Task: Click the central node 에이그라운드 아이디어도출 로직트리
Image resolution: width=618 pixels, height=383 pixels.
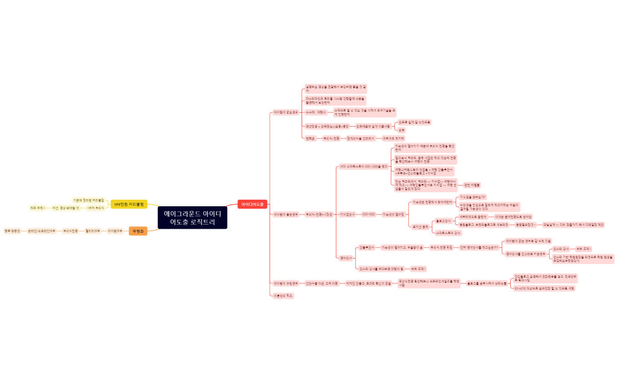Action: tap(193, 217)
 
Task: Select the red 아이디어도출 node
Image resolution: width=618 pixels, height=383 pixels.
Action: tap(252, 204)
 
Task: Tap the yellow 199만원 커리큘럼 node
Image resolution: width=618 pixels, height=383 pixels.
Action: tap(129, 204)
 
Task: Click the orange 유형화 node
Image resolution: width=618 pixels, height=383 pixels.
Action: tap(138, 231)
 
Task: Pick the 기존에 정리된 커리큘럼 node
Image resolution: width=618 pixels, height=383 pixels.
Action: tap(88, 200)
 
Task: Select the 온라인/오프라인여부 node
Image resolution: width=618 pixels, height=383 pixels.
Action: tap(41, 231)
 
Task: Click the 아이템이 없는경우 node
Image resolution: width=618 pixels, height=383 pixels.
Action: tap(285, 111)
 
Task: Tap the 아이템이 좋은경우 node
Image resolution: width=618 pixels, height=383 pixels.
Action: tap(285, 214)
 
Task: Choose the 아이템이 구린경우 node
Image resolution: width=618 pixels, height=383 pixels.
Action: tap(285, 283)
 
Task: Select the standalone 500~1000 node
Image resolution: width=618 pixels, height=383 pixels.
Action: tap(368, 214)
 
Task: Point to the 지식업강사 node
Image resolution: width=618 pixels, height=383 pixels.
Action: tap(347, 214)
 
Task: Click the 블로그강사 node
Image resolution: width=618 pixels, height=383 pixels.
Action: tap(443, 221)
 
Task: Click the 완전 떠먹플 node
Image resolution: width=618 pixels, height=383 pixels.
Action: tap(472, 185)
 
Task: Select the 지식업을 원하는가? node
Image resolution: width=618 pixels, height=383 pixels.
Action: tap(472, 197)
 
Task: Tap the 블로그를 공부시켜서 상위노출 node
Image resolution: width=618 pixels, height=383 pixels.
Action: tap(486, 283)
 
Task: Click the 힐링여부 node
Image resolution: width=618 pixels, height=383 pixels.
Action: tap(92, 231)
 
